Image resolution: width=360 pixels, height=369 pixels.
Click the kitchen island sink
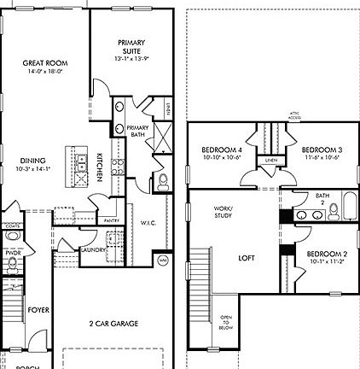81,162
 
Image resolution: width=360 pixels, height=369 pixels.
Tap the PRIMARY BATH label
137,132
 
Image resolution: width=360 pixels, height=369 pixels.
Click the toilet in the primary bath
162,180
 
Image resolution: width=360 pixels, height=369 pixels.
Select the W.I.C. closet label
146,224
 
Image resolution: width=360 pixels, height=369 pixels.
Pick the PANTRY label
111,220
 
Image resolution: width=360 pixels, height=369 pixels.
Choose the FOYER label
37,309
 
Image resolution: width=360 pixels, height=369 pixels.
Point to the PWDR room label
12,254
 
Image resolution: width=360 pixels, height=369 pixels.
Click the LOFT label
247,256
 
